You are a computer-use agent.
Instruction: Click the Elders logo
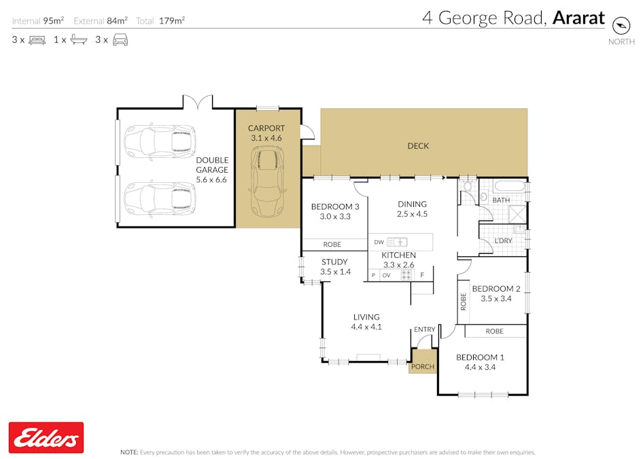click(x=46, y=438)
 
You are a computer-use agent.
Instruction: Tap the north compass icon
click(x=621, y=25)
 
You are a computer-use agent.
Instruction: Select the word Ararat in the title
click(x=578, y=18)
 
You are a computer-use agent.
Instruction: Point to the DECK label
click(x=418, y=146)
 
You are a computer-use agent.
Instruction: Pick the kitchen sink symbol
click(x=397, y=242)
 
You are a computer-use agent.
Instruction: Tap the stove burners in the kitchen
click(x=406, y=275)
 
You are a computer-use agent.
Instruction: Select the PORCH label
click(x=422, y=367)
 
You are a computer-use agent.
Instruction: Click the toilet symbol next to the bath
click(x=468, y=186)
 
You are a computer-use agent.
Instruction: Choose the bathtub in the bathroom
click(x=510, y=186)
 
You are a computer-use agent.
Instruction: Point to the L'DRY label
click(x=503, y=241)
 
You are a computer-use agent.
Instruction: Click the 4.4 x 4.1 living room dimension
click(x=366, y=327)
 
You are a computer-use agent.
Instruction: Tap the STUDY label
click(x=334, y=262)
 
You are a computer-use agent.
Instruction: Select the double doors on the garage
click(x=198, y=102)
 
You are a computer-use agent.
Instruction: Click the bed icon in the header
click(x=37, y=40)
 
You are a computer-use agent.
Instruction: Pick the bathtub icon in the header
click(x=79, y=40)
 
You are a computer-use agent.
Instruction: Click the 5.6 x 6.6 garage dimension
click(x=211, y=180)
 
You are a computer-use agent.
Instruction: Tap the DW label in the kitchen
click(x=379, y=242)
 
